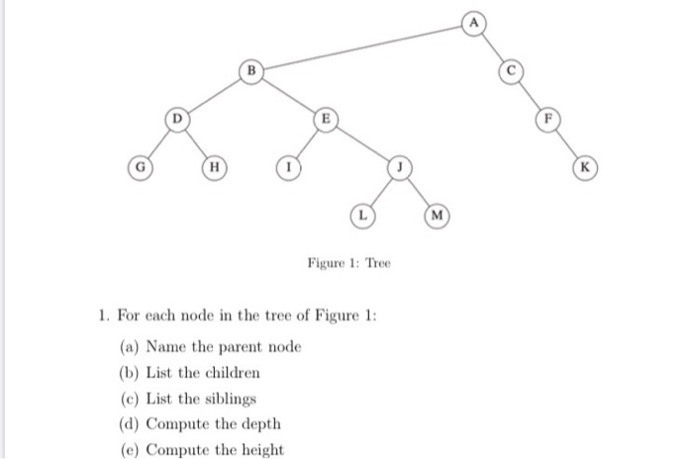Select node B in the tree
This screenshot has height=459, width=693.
252,71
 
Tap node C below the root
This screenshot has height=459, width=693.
511,71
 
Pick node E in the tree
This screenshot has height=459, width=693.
322,120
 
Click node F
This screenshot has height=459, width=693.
545,120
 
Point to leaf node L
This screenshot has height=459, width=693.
363,214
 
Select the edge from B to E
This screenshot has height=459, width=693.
287,96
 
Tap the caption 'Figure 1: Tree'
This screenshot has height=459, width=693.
348,263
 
